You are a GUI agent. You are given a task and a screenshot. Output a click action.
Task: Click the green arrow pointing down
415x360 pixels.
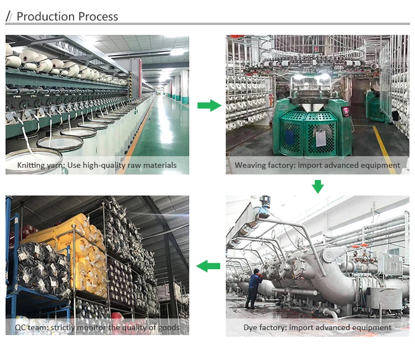[x=318, y=187]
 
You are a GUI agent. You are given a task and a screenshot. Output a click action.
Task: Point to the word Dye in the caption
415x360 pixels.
[x=251, y=327]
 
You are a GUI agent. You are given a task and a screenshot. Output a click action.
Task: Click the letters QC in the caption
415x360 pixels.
[x=21, y=327]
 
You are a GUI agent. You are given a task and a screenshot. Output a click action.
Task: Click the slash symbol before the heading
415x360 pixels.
[x=8, y=17]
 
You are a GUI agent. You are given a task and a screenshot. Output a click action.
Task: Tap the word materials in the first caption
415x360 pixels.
[x=159, y=165]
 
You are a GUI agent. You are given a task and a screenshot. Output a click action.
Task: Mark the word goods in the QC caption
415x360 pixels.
[x=168, y=327]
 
